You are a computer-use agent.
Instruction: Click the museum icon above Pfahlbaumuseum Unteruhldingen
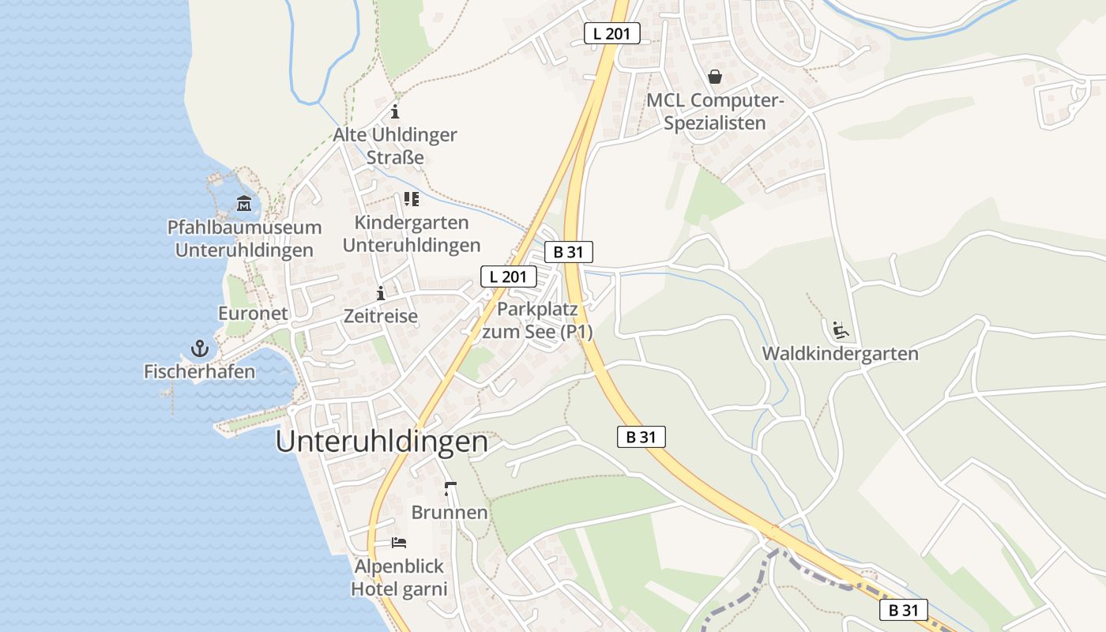click(244, 204)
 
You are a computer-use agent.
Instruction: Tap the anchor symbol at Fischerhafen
click(199, 348)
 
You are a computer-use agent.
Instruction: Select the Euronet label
click(253, 314)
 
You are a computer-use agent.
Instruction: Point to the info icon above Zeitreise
click(381, 293)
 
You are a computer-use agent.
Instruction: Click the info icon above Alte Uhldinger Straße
click(395, 111)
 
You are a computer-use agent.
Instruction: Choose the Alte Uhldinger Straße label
click(395, 146)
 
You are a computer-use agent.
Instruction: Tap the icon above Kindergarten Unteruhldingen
click(411, 199)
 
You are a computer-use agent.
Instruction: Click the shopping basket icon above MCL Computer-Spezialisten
click(715, 77)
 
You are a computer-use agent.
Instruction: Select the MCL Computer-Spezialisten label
click(715, 111)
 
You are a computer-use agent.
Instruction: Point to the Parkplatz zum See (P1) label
click(537, 320)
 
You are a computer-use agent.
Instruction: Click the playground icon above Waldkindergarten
click(841, 329)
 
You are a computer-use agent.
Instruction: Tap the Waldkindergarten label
click(841, 353)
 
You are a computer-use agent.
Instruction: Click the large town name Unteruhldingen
click(382, 442)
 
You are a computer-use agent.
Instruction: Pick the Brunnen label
click(450, 513)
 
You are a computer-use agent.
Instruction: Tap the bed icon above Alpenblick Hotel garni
click(399, 543)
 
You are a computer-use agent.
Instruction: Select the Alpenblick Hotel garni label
click(399, 577)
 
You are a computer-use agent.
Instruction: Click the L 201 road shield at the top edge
click(612, 33)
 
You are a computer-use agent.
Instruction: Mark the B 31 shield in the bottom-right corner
click(904, 610)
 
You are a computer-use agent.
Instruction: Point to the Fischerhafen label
click(199, 371)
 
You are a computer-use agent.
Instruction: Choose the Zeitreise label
click(381, 316)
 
